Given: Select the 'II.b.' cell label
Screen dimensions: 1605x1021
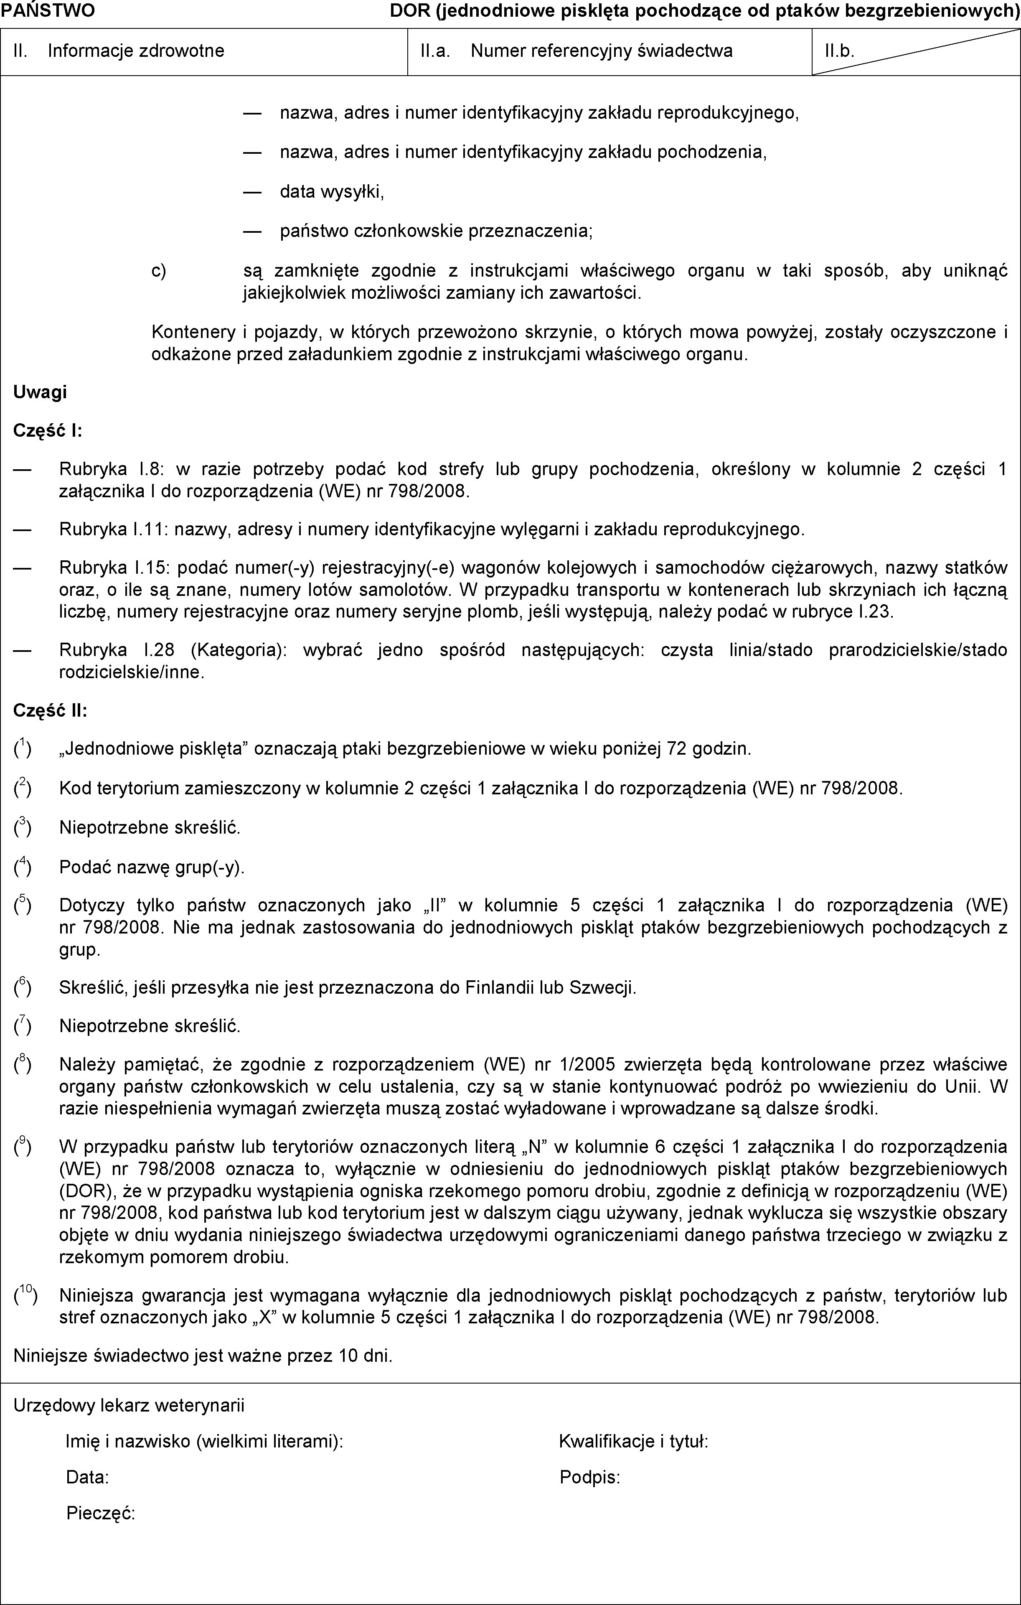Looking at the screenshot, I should [x=839, y=51].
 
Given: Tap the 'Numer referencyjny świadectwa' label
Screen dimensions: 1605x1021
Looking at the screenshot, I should [x=601, y=51].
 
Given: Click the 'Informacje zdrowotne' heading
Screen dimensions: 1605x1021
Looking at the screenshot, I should [x=136, y=51].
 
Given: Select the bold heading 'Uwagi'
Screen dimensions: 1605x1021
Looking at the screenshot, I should [x=40, y=392].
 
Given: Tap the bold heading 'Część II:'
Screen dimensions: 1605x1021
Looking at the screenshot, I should [x=50, y=710].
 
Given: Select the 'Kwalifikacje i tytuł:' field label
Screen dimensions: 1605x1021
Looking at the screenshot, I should [x=634, y=1442].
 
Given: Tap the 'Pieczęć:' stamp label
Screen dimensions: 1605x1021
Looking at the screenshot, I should [x=101, y=1513].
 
